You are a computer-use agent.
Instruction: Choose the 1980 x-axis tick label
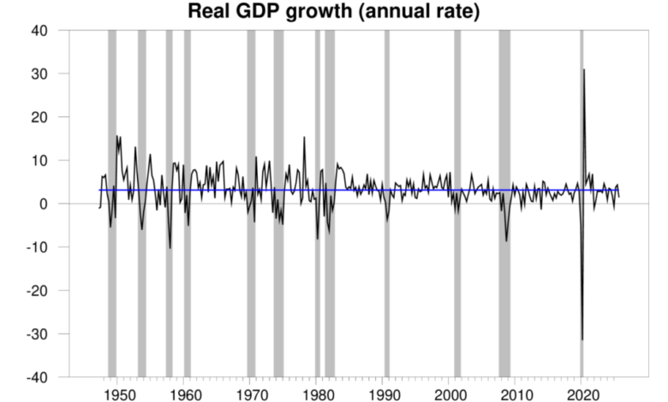tap(318, 394)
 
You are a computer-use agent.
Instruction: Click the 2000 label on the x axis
tap(450, 394)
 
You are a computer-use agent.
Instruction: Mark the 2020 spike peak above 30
tap(584, 70)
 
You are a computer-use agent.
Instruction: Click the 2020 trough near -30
tap(582, 339)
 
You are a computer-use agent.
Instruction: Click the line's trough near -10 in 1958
tap(170, 248)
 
